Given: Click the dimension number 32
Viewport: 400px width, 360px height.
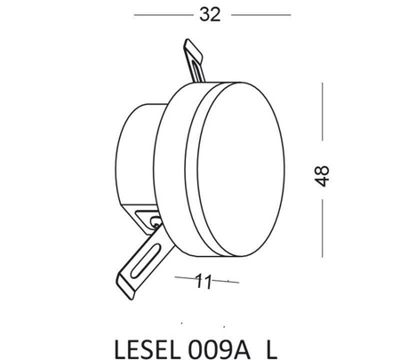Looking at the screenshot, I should (210, 15).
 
